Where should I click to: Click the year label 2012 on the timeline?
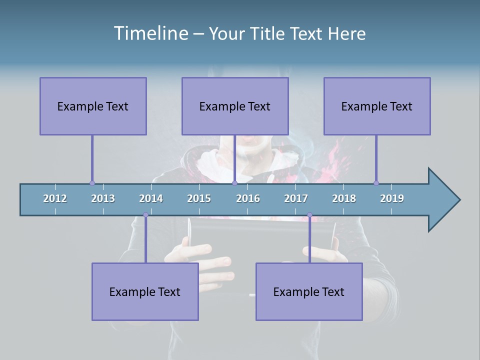click(55, 198)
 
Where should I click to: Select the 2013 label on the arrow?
click(103, 198)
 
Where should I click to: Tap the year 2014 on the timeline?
click(151, 198)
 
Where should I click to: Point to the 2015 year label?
click(199, 198)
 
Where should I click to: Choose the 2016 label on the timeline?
click(248, 198)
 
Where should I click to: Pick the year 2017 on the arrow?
click(296, 198)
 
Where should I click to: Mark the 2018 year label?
click(344, 198)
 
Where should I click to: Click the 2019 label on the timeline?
click(392, 198)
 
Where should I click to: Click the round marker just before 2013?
click(92, 183)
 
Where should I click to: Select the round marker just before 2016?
click(234, 183)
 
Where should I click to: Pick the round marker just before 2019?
click(376, 183)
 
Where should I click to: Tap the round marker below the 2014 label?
click(145, 215)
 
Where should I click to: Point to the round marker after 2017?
click(309, 215)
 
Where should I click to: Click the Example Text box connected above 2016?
click(235, 106)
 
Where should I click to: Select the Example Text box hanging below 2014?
click(145, 291)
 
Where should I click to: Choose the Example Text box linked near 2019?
click(377, 106)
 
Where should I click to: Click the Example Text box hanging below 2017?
click(309, 291)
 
